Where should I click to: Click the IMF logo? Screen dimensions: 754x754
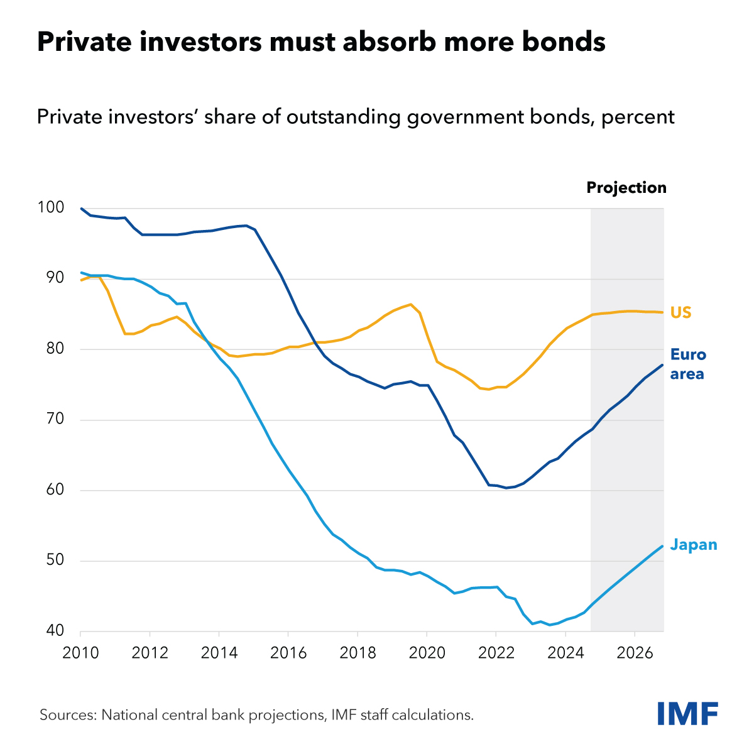[687, 713]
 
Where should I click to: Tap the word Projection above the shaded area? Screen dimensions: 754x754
[626, 188]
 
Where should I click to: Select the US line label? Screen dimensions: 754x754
[680, 312]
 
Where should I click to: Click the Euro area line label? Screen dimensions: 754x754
[688, 364]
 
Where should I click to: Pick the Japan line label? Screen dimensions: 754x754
[694, 545]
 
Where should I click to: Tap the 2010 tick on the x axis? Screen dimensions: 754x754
[80, 652]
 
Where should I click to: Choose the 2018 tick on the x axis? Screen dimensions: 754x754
[358, 652]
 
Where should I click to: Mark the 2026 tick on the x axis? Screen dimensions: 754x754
[635, 652]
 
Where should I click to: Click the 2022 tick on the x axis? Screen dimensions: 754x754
[496, 652]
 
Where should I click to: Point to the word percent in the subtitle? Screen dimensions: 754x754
[638, 117]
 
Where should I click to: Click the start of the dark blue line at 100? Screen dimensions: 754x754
[81, 208]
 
